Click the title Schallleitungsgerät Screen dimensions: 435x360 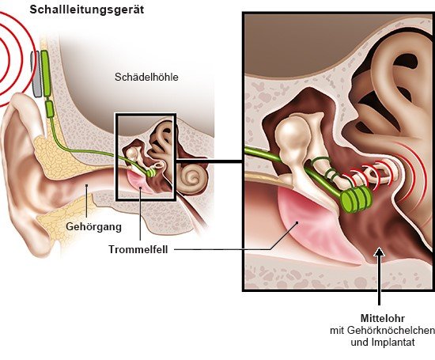(x=87, y=9)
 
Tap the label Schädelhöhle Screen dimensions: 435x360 (x=146, y=77)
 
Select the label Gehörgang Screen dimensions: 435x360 (x=94, y=227)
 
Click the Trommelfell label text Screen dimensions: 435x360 (x=138, y=249)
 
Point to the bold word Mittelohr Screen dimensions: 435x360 (x=383, y=318)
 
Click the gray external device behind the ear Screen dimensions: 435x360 (x=36, y=74)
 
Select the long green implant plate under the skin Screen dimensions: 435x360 (x=46, y=74)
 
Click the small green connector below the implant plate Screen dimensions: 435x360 (x=49, y=109)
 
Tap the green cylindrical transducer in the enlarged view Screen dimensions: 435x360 (x=356, y=198)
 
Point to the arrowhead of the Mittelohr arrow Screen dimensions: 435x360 (x=379, y=252)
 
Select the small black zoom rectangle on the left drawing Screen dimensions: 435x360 (x=116, y=157)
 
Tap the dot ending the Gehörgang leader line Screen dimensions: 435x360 (x=87, y=185)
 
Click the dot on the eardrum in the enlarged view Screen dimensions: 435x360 (x=297, y=222)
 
